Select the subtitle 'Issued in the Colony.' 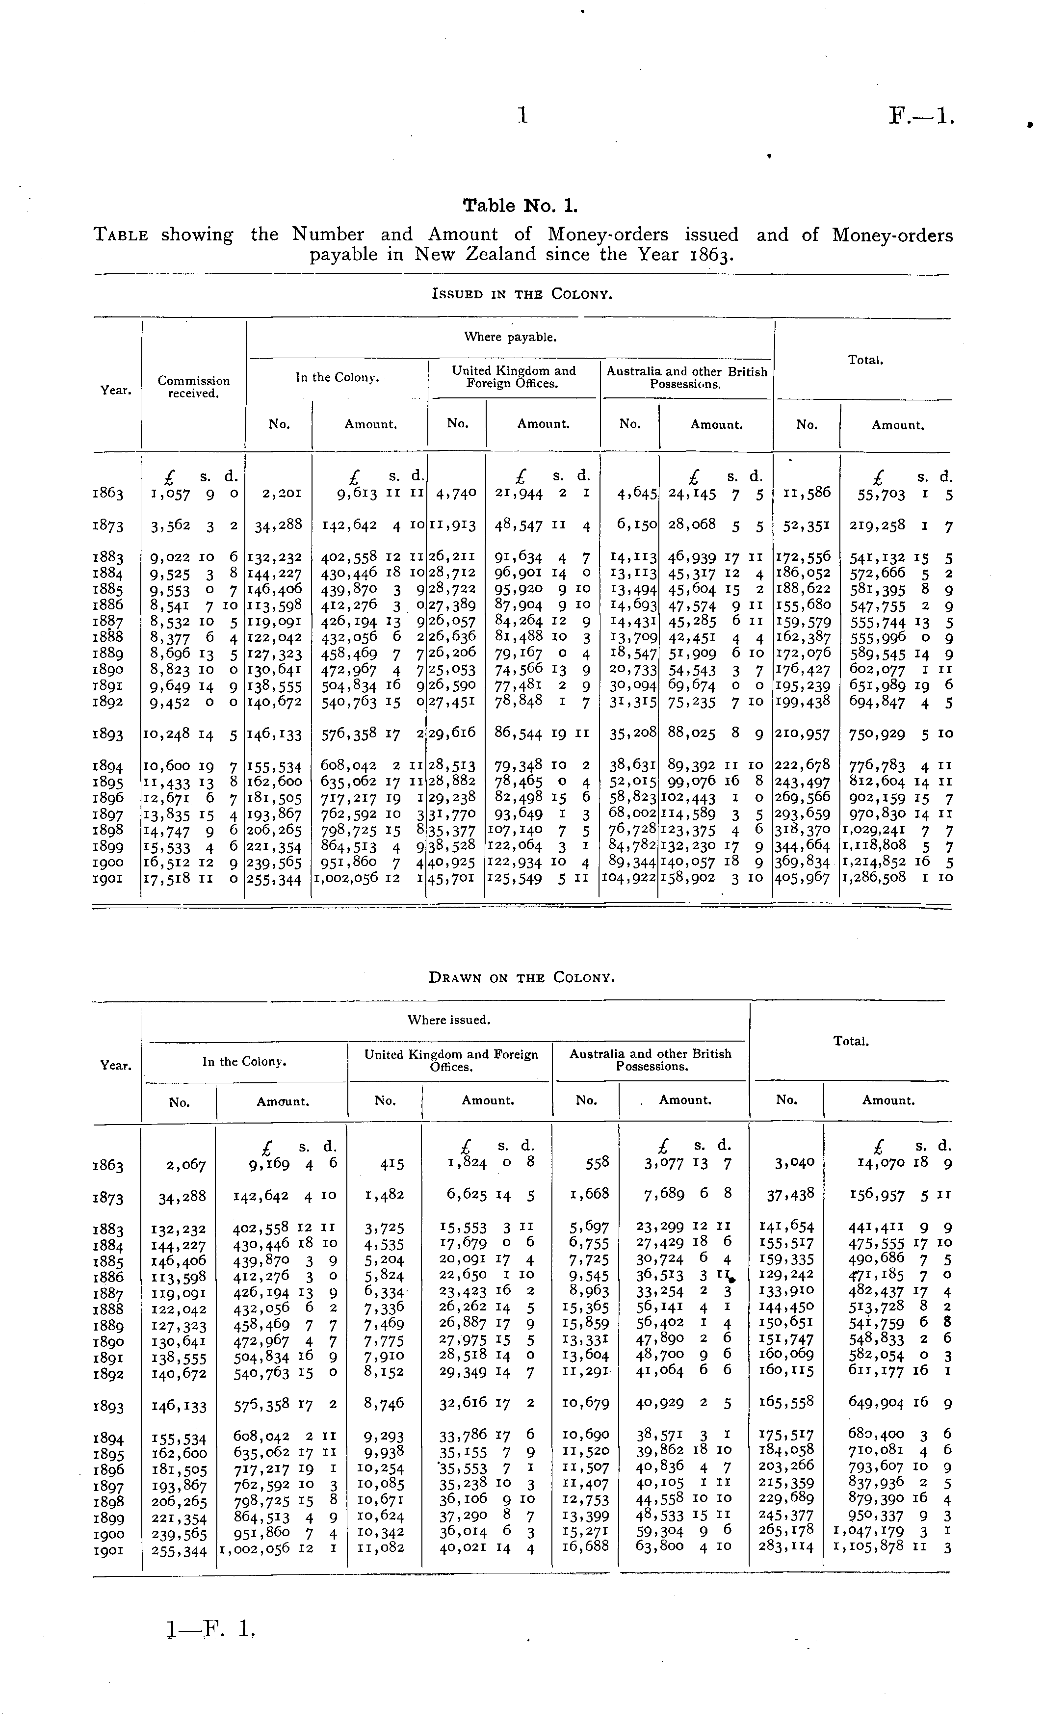tap(521, 294)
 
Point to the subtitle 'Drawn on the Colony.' tap(521, 977)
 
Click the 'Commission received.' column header tap(193, 387)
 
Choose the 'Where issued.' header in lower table tap(448, 1020)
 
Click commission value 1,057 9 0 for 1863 tap(193, 494)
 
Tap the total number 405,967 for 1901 tap(806, 878)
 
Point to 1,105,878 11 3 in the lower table tap(891, 1547)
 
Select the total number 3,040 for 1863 tap(795, 1163)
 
